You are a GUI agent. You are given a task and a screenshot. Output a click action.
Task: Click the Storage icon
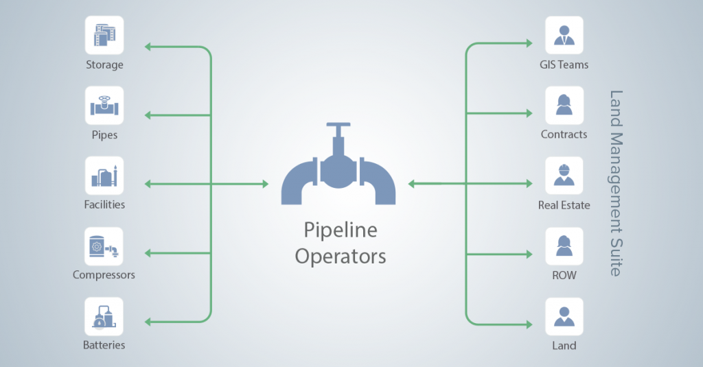coord(104,36)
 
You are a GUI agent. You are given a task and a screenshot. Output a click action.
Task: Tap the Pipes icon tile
coord(104,106)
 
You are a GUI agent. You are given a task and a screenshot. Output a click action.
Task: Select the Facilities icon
coord(104,176)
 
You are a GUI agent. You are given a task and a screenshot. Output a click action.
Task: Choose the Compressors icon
coord(104,246)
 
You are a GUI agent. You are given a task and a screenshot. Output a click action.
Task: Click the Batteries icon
coord(104,316)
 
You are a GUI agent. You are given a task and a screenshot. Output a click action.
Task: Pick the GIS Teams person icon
coord(564,36)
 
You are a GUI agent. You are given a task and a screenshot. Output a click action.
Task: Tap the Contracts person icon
coord(564,106)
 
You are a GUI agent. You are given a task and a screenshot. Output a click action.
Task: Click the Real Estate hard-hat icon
coord(564,176)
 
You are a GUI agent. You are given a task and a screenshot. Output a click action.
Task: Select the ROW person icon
coord(564,246)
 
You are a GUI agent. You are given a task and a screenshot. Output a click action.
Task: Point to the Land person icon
coord(564,316)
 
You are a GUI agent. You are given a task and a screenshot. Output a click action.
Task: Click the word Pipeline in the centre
coord(341,230)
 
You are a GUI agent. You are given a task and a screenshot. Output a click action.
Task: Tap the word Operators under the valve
coord(341,257)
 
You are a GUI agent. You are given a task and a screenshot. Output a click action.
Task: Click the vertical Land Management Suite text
coord(616,183)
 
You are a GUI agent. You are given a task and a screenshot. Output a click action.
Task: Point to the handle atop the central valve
coord(338,125)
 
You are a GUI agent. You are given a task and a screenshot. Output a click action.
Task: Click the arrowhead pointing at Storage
coord(148,47)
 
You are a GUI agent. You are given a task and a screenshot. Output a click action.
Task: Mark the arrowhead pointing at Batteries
coord(148,322)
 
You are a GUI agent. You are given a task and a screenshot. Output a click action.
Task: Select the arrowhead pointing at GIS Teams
coord(529,43)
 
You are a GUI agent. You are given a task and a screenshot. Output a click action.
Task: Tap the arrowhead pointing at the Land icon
coord(529,324)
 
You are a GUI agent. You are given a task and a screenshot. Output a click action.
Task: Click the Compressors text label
coord(104,274)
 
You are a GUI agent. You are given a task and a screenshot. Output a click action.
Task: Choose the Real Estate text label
coord(564,205)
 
